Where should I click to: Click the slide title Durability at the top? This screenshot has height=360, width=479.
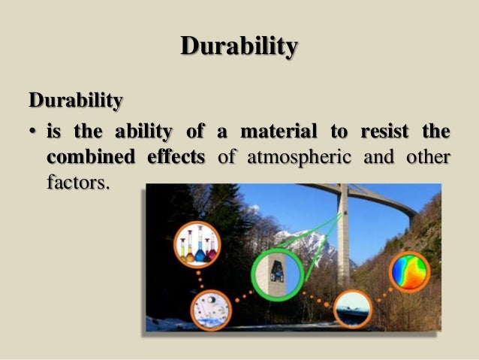point(239,47)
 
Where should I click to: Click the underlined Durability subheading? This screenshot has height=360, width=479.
point(75,99)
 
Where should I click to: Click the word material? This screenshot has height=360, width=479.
point(283,132)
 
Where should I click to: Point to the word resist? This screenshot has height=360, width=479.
point(384,132)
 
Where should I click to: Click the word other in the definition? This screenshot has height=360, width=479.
point(425,158)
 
